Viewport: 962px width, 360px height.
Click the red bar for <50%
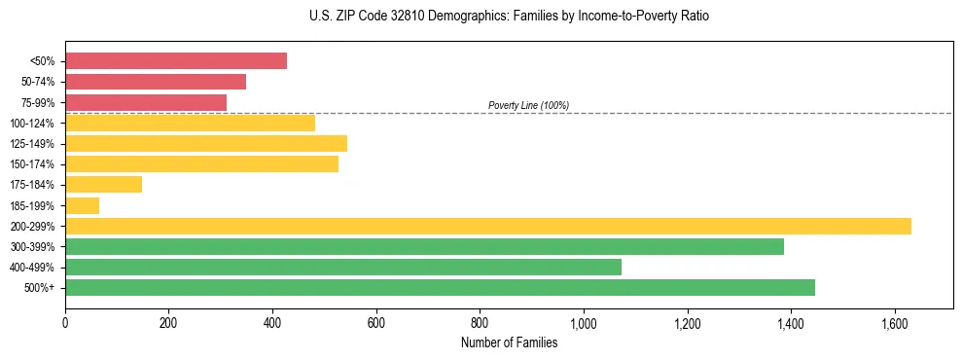point(176,61)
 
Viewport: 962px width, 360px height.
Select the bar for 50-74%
point(156,82)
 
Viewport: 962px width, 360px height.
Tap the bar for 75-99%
point(146,102)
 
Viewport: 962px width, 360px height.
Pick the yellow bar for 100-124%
point(190,123)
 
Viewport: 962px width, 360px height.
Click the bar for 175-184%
point(103,185)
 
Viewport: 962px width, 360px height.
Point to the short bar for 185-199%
point(82,205)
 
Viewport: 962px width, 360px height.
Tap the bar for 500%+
point(440,287)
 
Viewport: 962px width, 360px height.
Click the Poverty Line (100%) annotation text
point(528,105)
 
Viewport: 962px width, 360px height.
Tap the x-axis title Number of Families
point(509,342)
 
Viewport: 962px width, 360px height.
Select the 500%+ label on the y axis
point(40,288)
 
